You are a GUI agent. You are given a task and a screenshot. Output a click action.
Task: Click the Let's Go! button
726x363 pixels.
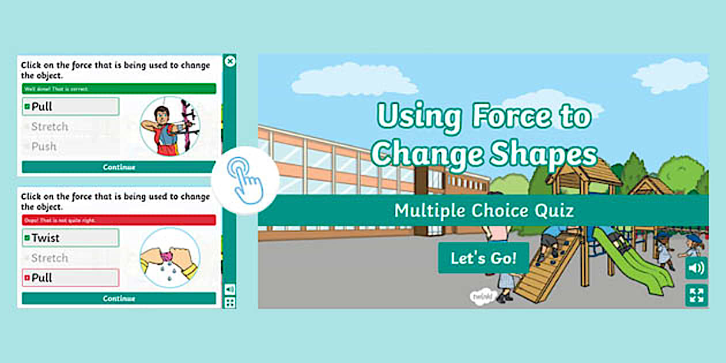483,258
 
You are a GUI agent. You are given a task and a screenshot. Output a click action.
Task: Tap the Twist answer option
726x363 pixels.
70,237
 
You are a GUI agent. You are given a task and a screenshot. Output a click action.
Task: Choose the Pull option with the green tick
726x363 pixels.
70,107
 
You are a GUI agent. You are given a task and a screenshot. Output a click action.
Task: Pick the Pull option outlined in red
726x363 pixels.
70,278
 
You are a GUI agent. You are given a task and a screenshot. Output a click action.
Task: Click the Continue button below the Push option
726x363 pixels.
119,167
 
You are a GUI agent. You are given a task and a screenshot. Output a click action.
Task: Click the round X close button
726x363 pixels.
230,61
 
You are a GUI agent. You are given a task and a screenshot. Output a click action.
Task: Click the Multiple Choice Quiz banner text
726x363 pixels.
483,210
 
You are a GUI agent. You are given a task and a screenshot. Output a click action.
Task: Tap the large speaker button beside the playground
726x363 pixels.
697,268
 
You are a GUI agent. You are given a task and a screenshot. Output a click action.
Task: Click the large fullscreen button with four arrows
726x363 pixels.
697,296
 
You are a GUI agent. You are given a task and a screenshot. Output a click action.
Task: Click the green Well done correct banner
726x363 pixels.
119,89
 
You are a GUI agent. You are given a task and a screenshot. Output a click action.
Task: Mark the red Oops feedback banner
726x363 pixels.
119,220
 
